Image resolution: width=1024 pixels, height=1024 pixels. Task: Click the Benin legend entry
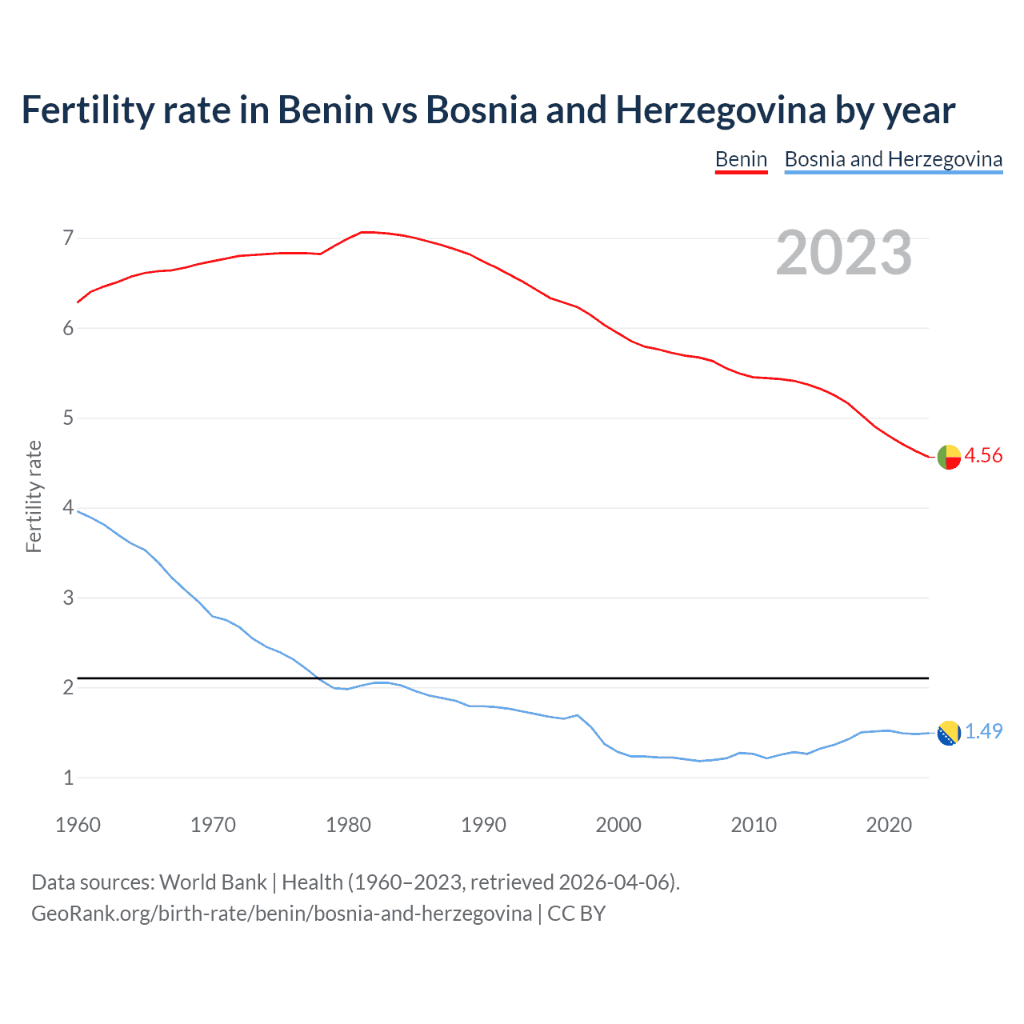741,159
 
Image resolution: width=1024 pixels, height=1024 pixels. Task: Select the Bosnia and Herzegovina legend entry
893,159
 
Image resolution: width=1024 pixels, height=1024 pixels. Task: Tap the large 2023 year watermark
843,253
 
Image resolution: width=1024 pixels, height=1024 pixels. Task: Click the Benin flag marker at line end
949,457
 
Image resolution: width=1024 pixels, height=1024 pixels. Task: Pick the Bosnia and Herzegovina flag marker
949,733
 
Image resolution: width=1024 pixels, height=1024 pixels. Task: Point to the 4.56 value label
983,456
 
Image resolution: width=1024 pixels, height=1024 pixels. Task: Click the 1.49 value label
983,732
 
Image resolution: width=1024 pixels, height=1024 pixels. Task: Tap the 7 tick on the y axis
68,238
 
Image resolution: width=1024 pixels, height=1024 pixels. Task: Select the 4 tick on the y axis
68,508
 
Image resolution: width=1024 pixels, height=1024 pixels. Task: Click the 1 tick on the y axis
68,778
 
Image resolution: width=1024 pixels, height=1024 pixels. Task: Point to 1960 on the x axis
78,825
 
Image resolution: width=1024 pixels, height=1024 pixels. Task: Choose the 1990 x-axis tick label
483,825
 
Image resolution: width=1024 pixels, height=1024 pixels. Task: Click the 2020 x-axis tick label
889,825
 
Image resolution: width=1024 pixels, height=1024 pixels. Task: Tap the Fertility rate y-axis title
34,496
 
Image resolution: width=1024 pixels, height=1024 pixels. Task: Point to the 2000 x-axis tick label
618,825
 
